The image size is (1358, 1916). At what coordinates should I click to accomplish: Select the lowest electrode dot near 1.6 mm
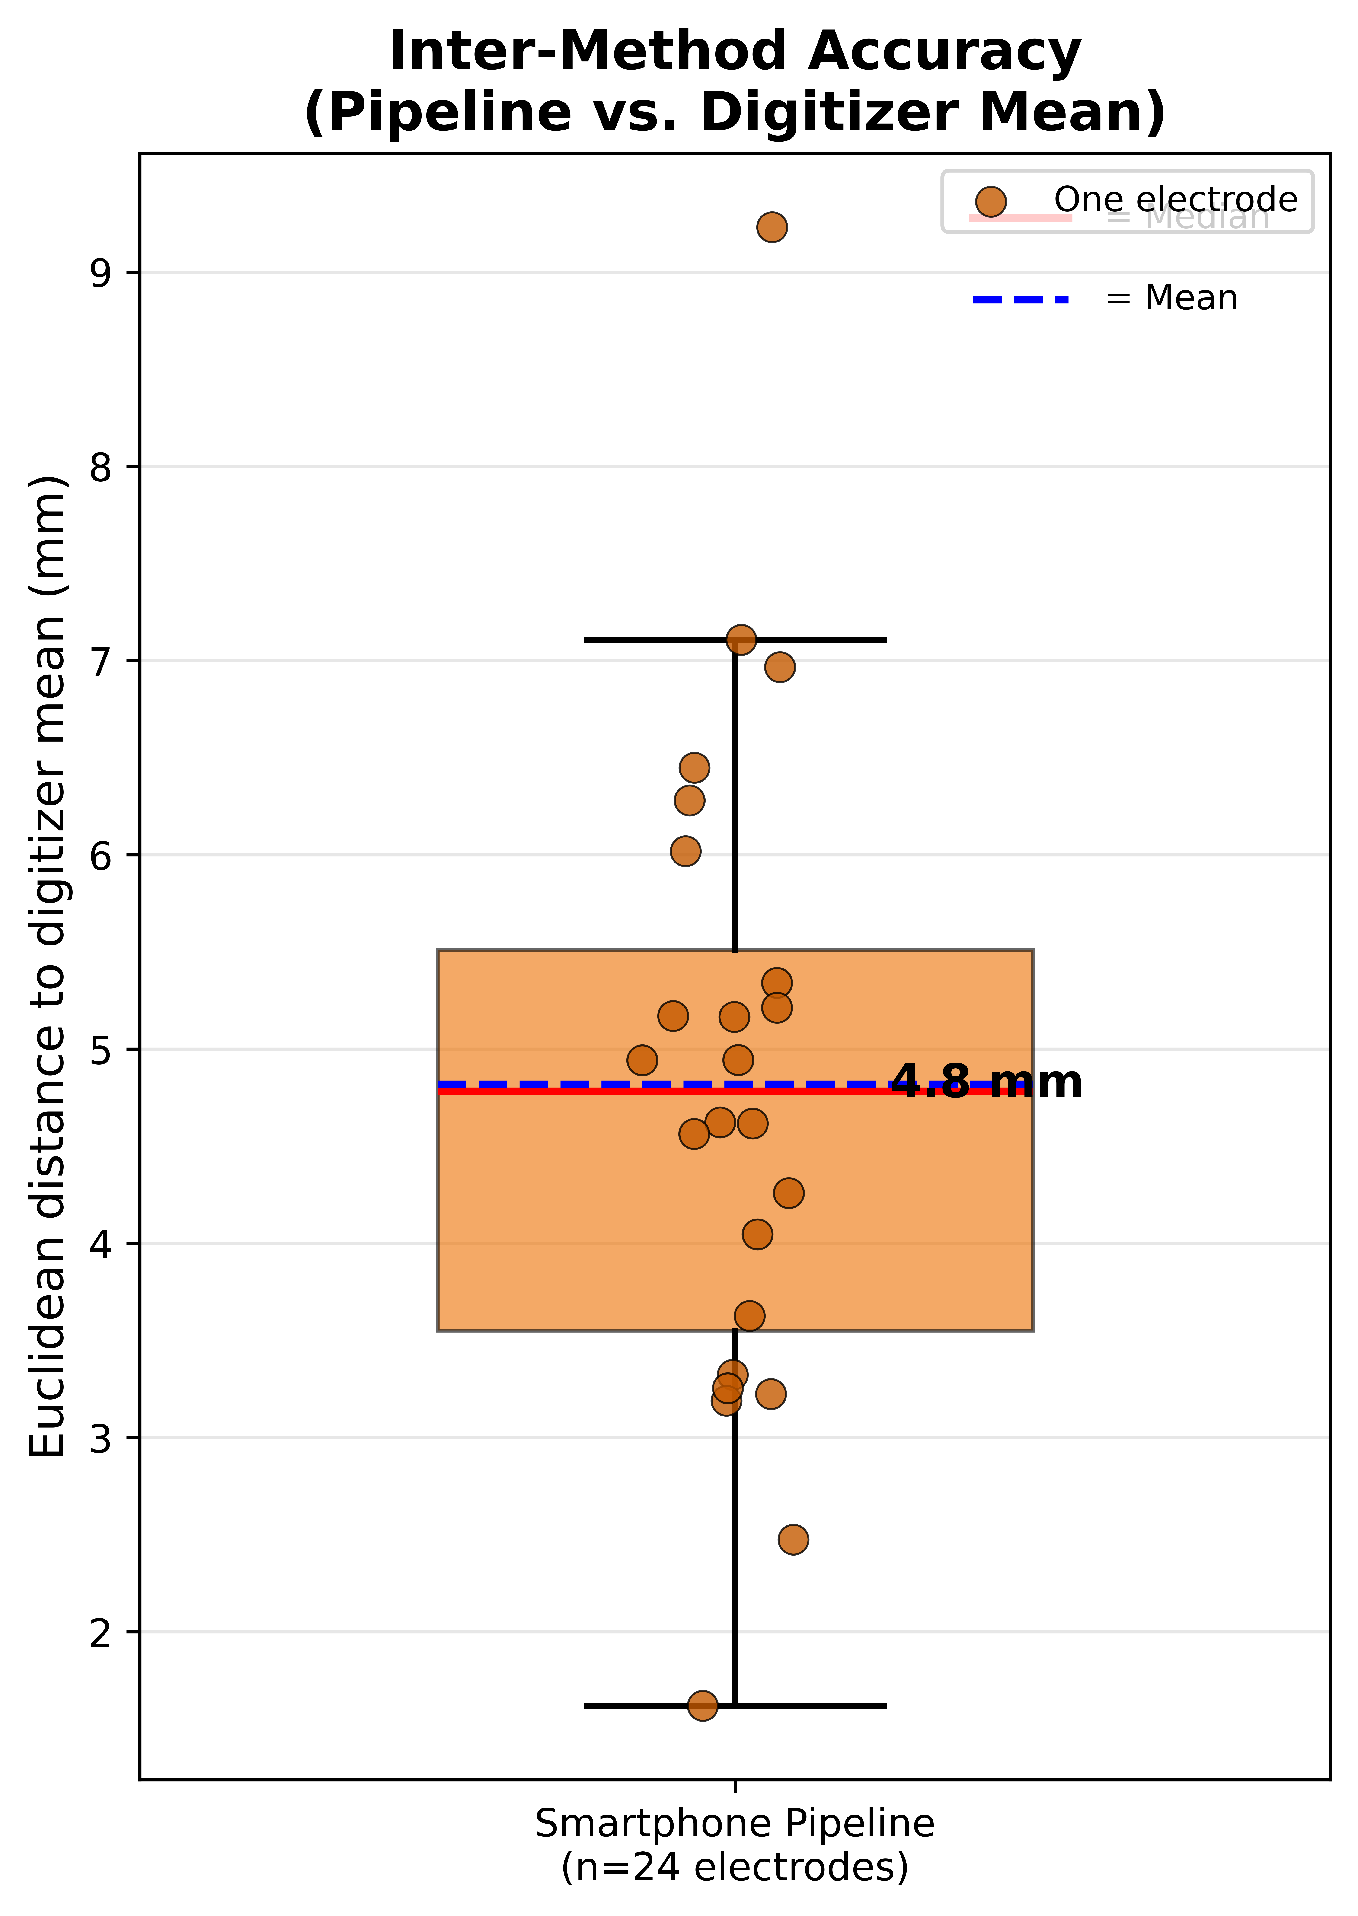[702, 1705]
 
